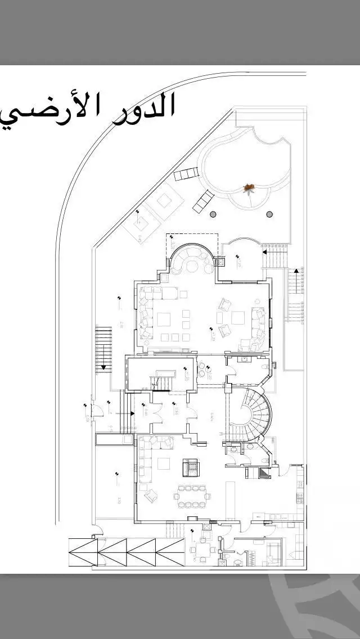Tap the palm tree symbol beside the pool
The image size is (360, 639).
249,187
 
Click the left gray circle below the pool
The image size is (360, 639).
213,214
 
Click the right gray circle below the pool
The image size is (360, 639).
269,214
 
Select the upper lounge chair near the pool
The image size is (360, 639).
186,174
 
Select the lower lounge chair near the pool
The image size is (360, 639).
204,201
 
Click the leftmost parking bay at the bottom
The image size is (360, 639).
83,552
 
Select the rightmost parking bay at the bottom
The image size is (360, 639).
170,552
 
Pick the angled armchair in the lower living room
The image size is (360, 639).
151,496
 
